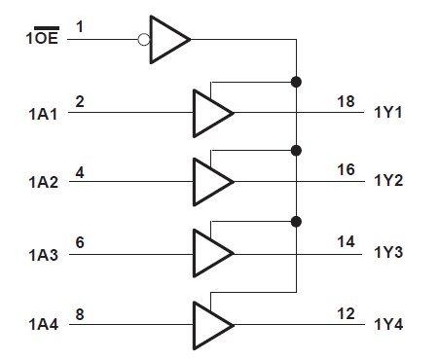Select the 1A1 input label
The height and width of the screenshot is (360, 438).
43,113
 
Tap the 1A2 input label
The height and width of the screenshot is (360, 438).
43,184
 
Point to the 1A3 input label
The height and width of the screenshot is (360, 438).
43,255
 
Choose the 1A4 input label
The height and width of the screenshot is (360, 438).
43,325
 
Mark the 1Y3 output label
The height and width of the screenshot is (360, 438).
389,254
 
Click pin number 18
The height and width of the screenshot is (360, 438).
347,100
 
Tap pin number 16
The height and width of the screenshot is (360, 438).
347,170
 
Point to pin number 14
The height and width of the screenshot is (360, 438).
347,241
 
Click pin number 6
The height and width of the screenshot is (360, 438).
80,241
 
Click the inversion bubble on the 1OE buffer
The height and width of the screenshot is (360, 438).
144,40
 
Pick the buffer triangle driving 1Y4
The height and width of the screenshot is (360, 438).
210,323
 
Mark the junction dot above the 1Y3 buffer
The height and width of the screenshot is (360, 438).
296,221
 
